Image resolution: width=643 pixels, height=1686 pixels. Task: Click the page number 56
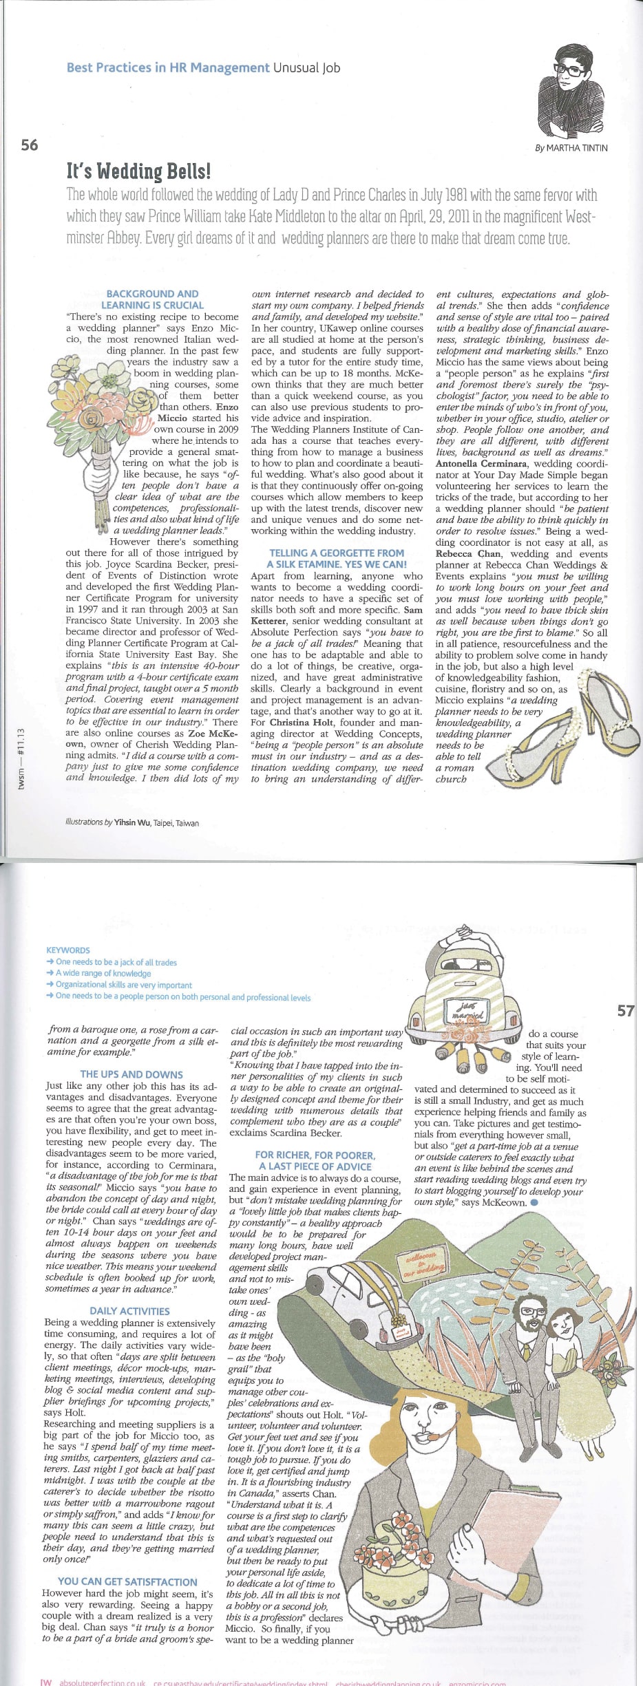(x=30, y=145)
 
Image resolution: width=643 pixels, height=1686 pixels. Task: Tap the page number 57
(x=625, y=1011)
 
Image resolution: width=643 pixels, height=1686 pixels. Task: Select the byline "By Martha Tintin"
(x=571, y=148)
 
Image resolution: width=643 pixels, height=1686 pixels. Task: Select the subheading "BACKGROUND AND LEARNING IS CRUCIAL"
(x=152, y=299)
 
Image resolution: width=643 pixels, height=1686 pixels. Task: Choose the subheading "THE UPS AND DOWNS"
(x=131, y=1074)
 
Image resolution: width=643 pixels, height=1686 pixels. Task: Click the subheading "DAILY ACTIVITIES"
(x=129, y=1311)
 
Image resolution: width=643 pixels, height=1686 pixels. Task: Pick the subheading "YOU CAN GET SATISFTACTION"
(x=127, y=1581)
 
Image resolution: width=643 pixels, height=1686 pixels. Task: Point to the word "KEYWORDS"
(x=68, y=950)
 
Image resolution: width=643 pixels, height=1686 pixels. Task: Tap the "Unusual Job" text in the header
(x=306, y=67)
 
